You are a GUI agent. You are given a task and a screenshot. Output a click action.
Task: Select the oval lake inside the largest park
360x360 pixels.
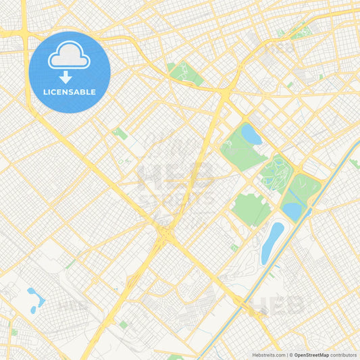point(251,134)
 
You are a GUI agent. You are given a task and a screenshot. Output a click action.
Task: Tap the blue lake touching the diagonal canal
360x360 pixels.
point(293,211)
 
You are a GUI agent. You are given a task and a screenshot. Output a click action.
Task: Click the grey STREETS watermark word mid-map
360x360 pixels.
point(177,199)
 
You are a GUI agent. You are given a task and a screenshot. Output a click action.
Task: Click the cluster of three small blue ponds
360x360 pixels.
point(32,299)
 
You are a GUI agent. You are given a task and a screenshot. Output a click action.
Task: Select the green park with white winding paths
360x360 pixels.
point(275,172)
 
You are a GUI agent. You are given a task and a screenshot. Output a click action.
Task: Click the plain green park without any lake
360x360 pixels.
point(251,209)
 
